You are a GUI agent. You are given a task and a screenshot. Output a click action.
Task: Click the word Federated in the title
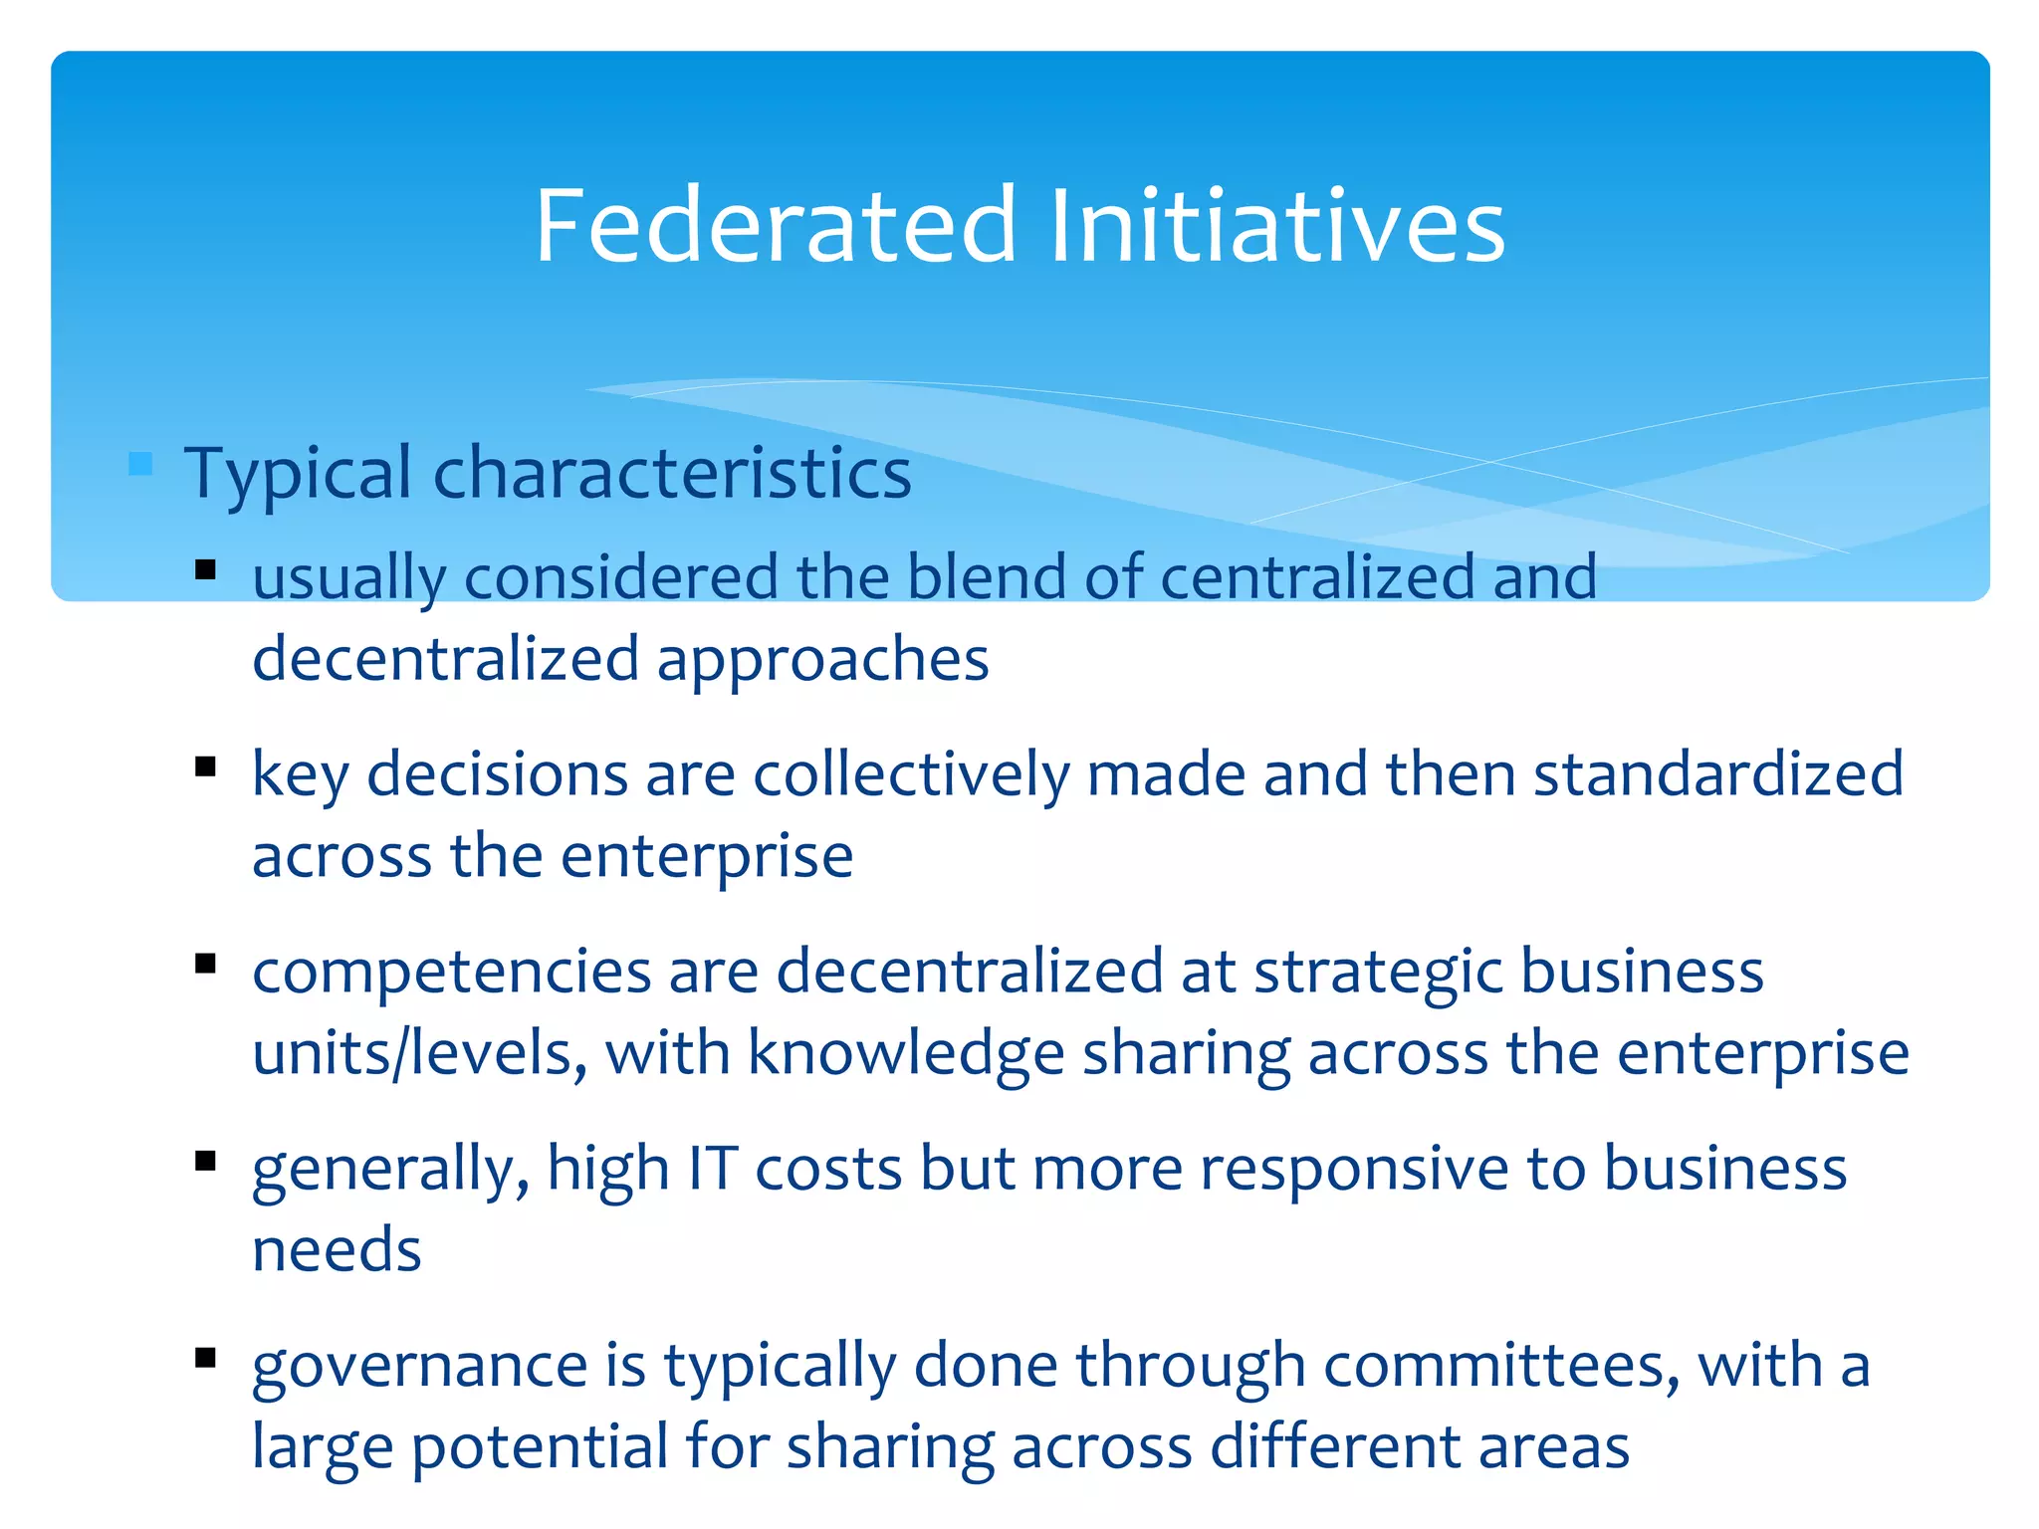point(776,226)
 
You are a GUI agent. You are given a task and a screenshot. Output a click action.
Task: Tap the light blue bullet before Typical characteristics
point(140,464)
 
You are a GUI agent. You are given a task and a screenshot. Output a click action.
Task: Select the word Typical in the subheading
point(298,474)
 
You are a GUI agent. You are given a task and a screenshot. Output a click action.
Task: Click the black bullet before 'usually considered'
point(206,570)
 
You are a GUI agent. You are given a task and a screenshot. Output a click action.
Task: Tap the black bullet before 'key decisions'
point(206,766)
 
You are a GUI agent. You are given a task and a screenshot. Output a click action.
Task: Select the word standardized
point(1717,773)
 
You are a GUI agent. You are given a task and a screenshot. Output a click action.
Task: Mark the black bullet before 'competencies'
point(206,963)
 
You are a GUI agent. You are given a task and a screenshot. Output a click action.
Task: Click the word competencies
point(451,973)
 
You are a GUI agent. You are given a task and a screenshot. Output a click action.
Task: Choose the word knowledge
point(906,1054)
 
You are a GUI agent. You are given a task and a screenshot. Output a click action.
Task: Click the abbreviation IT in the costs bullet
point(713,1168)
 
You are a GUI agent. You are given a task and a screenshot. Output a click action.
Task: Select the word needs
point(337,1250)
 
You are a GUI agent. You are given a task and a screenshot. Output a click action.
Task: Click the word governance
point(419,1366)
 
